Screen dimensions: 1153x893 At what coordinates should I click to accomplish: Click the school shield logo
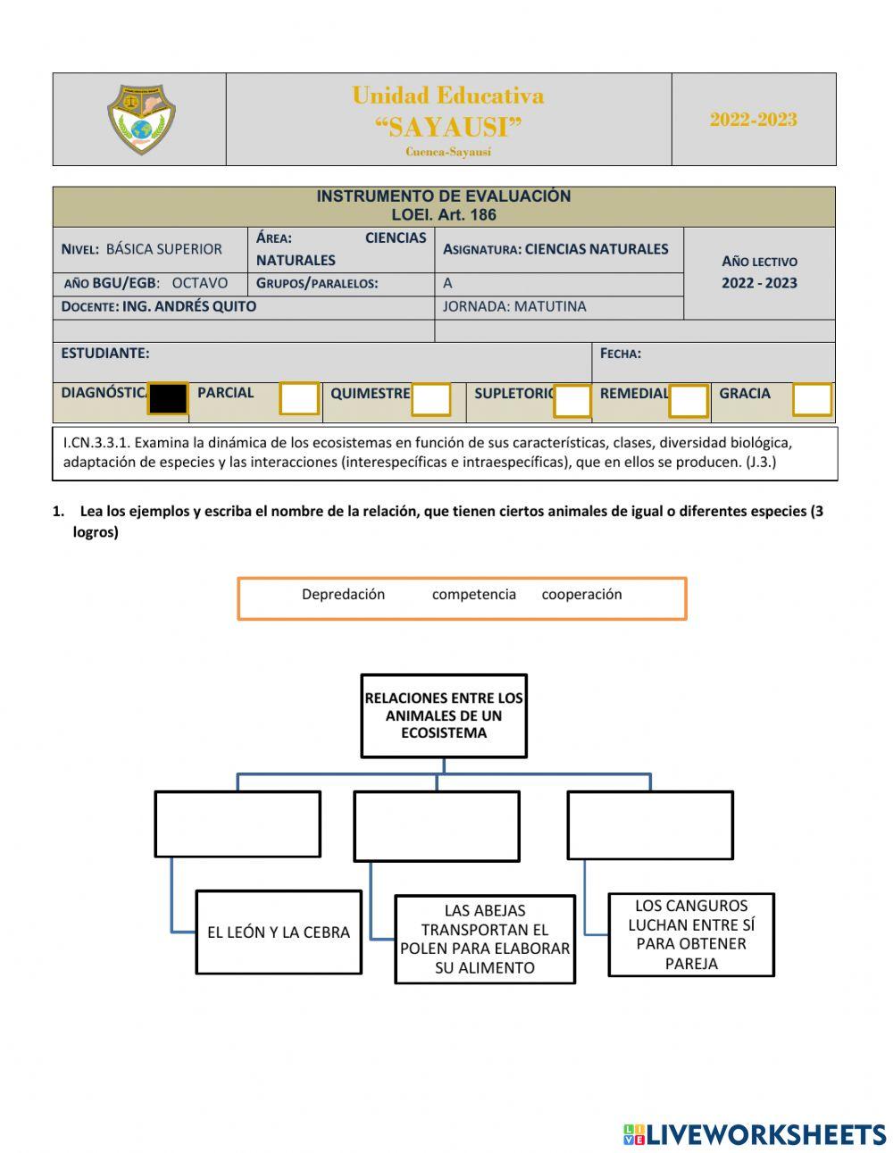(x=141, y=120)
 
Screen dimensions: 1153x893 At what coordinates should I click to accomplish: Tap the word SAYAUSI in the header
(x=448, y=127)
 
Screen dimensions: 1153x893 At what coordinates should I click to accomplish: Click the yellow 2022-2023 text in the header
(x=753, y=120)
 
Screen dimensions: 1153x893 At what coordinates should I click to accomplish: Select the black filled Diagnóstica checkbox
(x=168, y=398)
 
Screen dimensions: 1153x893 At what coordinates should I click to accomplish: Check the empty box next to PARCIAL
(x=299, y=398)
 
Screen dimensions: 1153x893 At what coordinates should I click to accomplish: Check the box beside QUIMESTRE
(x=430, y=399)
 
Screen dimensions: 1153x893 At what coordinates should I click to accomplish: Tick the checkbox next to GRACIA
(x=812, y=399)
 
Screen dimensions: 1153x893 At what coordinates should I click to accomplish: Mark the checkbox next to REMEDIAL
(x=689, y=400)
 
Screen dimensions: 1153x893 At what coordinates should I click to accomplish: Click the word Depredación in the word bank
(x=343, y=595)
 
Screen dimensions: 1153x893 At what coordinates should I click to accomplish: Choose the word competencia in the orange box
(x=473, y=595)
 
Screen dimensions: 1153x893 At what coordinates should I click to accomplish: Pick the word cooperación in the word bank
(x=581, y=595)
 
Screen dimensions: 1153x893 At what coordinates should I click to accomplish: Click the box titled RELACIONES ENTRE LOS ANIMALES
(x=444, y=715)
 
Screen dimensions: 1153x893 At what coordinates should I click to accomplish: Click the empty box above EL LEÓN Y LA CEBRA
(x=238, y=823)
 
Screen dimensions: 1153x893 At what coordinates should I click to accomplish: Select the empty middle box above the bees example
(x=437, y=826)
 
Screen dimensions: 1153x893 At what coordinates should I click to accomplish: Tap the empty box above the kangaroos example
(x=650, y=825)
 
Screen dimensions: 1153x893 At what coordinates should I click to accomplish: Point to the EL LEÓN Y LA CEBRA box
(x=279, y=932)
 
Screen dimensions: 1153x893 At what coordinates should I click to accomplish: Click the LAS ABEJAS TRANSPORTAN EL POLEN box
(x=485, y=940)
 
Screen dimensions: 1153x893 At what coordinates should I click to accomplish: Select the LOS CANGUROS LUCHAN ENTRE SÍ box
(x=691, y=934)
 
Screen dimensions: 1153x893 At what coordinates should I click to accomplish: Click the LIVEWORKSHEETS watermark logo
(x=754, y=1134)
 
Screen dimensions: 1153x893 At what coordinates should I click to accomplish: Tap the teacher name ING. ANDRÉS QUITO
(x=188, y=306)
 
